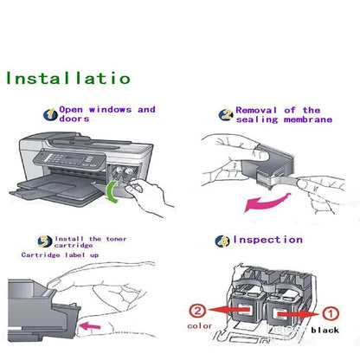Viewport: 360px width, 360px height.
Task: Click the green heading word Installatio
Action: pos(68,78)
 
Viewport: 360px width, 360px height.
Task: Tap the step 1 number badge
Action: pos(49,113)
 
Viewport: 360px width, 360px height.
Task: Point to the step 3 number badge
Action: pos(43,240)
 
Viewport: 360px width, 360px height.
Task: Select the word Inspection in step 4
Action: pos(267,240)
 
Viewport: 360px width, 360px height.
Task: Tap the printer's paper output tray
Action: pos(48,184)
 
